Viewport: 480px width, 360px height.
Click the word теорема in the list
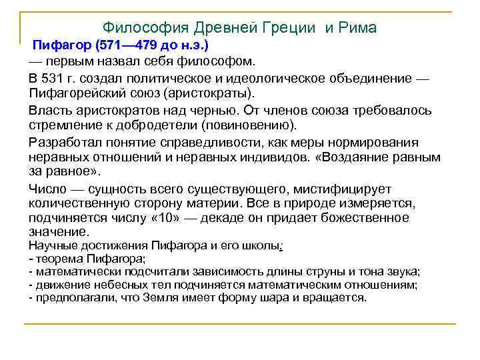(57, 259)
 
